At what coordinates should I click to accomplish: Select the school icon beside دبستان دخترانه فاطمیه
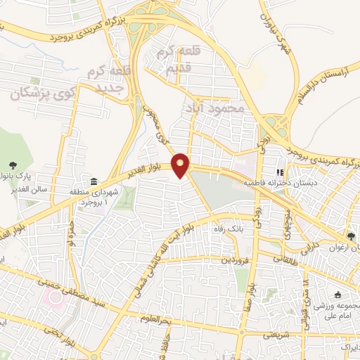[279, 171]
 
